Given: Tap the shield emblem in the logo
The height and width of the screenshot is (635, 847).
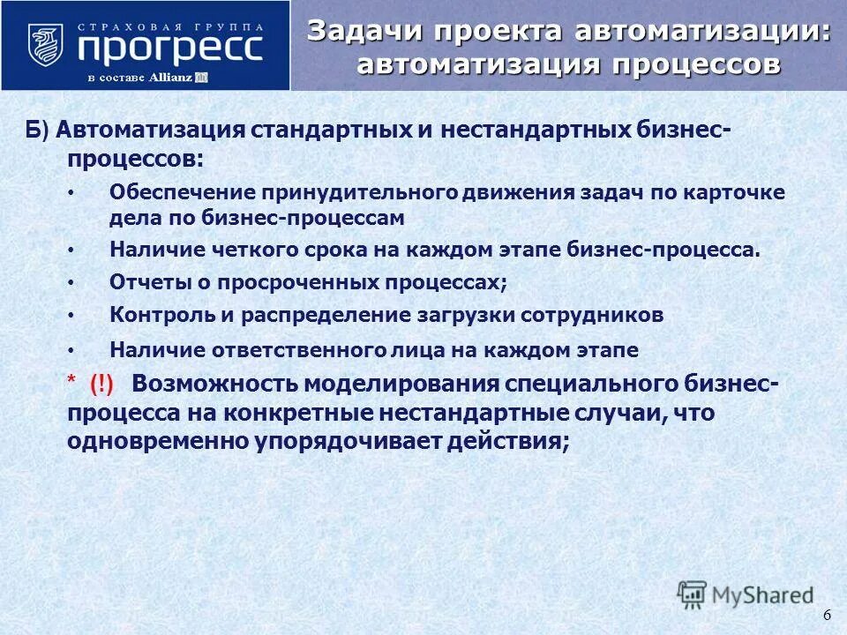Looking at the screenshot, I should point(46,46).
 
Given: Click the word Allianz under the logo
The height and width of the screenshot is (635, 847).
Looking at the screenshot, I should point(172,78).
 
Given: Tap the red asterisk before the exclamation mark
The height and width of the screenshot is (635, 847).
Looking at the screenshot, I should point(71,381).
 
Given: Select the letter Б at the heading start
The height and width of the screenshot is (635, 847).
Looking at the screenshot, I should point(31,131).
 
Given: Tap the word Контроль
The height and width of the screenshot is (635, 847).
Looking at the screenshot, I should point(154,314).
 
